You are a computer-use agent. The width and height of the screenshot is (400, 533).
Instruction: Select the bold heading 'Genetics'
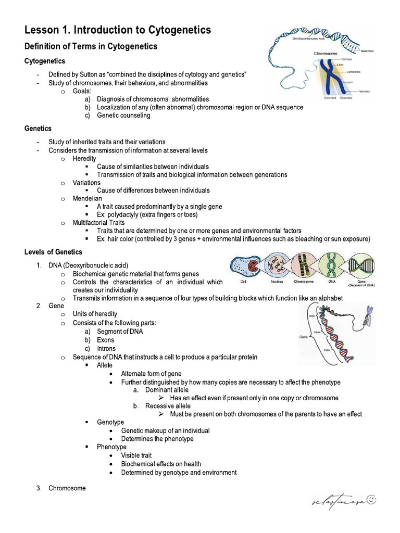coord(38,129)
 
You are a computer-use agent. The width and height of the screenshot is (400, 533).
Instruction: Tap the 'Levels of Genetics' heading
coord(53,252)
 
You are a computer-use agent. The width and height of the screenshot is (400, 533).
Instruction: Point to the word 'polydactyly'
coord(125,214)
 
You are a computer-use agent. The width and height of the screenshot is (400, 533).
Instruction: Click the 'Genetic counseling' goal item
coord(123,116)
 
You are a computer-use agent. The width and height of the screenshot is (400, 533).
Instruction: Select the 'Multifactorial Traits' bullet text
coord(98,223)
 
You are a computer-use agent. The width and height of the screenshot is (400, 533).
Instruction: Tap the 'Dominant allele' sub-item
coord(167,389)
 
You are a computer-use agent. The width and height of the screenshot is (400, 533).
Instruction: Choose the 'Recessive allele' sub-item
coord(168,406)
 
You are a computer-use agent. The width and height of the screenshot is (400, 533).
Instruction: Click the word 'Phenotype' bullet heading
coord(111,447)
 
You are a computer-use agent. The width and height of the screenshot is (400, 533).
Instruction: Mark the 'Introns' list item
coord(106,349)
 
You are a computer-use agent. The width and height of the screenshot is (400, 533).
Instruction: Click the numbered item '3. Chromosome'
coord(67,488)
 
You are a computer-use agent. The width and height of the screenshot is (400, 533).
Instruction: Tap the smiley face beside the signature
coord(371,500)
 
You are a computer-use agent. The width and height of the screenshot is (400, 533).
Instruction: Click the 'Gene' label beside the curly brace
coord(304,337)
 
